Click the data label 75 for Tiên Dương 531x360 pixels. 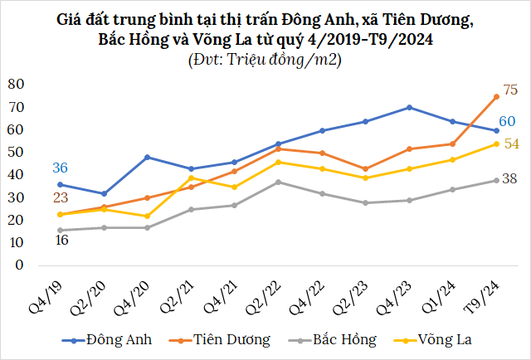click(510, 90)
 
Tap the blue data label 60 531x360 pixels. click(506, 122)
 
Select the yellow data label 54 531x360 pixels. click(511, 144)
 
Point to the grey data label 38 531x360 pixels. click(511, 178)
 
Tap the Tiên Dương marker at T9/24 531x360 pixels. click(496, 96)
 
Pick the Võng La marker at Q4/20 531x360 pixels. click(147, 216)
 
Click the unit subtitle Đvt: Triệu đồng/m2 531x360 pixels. click(265, 59)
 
